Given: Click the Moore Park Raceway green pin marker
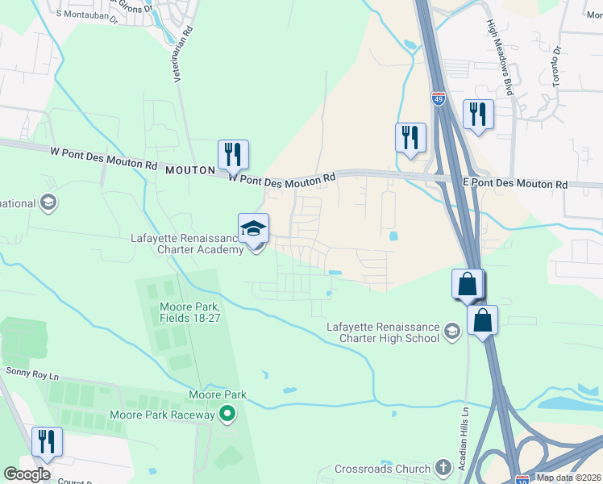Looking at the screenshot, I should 227,415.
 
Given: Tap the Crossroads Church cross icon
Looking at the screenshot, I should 442,468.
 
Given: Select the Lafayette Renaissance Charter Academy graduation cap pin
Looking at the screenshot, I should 254,228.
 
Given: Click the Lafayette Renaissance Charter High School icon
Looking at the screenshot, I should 452,330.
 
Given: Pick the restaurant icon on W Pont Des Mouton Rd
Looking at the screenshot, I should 233,154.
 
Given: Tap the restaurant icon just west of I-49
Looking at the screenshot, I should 410,137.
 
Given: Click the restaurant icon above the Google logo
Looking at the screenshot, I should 46,441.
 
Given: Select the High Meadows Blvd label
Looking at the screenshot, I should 500,59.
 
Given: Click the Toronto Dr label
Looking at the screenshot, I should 555,66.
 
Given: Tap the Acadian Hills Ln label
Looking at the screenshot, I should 465,432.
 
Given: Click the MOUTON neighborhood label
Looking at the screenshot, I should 191,170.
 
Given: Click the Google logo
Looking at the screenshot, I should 27,474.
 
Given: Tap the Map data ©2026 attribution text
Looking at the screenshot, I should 568,478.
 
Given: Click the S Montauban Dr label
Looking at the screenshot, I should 87,14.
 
